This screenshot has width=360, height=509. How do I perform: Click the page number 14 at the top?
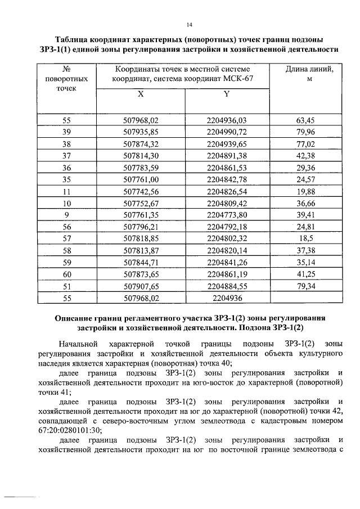point(190,25)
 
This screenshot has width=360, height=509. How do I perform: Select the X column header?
point(141,94)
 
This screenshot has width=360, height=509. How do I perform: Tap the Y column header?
point(226,94)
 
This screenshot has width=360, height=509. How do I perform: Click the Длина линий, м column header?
point(306,74)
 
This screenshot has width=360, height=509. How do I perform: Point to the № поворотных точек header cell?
point(66,79)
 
